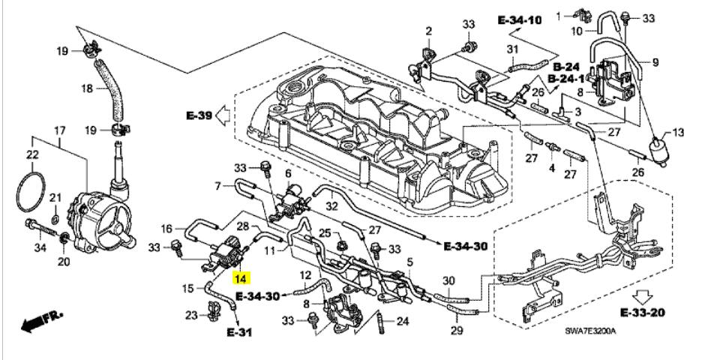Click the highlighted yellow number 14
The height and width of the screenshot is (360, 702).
240,279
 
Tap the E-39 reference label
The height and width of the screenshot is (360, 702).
197,116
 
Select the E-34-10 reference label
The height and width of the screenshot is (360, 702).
519,21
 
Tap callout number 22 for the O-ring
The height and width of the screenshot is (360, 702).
33,155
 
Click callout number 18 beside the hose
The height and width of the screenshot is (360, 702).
87,88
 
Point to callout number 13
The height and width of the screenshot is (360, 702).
678,133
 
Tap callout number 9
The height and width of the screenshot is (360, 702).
654,62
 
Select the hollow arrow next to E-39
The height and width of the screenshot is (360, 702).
223,116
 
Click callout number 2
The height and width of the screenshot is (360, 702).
429,31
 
